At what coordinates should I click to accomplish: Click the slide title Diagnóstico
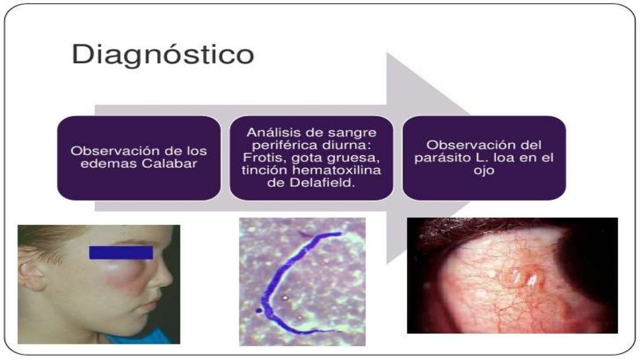pyautogui.click(x=162, y=55)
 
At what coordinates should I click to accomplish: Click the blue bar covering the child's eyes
pyautogui.click(x=121, y=252)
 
